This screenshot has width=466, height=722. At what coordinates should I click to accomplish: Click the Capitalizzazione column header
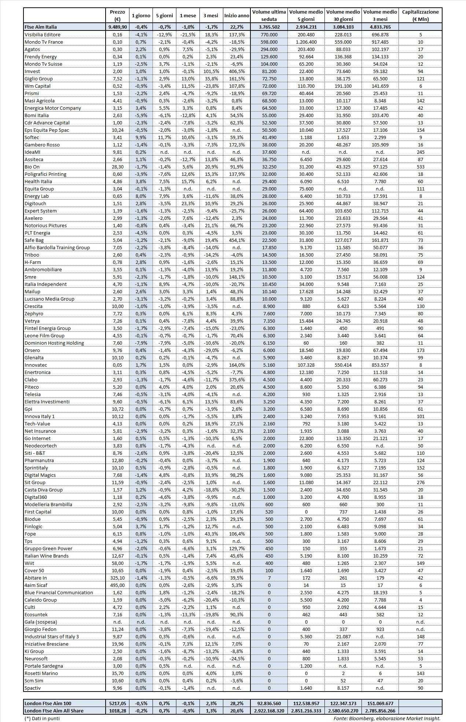pyautogui.click(x=420, y=15)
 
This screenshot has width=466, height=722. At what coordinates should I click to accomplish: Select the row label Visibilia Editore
pyautogui.click(x=42, y=35)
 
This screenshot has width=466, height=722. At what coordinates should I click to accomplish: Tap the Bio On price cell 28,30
pyautogui.click(x=117, y=167)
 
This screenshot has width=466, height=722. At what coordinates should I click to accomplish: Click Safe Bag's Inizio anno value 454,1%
pyautogui.click(x=236, y=240)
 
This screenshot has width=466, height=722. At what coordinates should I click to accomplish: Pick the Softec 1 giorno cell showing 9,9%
pyautogui.click(x=141, y=137)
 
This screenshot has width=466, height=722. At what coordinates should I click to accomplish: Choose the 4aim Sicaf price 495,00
pyautogui.click(x=117, y=585)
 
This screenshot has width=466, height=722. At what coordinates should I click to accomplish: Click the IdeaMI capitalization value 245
pyautogui.click(x=420, y=152)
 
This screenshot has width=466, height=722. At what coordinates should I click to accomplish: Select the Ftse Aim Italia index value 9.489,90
pyautogui.click(x=117, y=27)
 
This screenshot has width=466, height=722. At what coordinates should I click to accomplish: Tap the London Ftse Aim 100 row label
pyautogui.click(x=48, y=704)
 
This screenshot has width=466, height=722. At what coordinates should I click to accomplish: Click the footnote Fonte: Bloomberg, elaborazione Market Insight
pyautogui.click(x=387, y=718)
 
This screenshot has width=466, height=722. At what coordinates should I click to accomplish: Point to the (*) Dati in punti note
pyautogui.click(x=42, y=718)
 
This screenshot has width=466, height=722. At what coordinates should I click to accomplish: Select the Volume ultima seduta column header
pyautogui.click(x=269, y=15)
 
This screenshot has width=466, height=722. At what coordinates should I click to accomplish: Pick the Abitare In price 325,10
pyautogui.click(x=117, y=578)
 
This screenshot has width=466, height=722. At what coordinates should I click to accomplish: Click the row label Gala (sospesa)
pyautogui.click(x=41, y=622)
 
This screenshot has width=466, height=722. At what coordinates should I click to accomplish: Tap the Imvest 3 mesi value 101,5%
pyautogui.click(x=211, y=71)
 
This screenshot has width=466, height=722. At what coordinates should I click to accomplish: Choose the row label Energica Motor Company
pyautogui.click(x=53, y=108)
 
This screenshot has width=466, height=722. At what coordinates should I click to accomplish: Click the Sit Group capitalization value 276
pyautogui.click(x=420, y=482)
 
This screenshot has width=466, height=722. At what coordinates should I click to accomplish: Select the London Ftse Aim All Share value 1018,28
pyautogui.click(x=117, y=711)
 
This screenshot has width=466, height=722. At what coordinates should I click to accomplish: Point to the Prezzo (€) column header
pyautogui.click(x=117, y=15)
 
